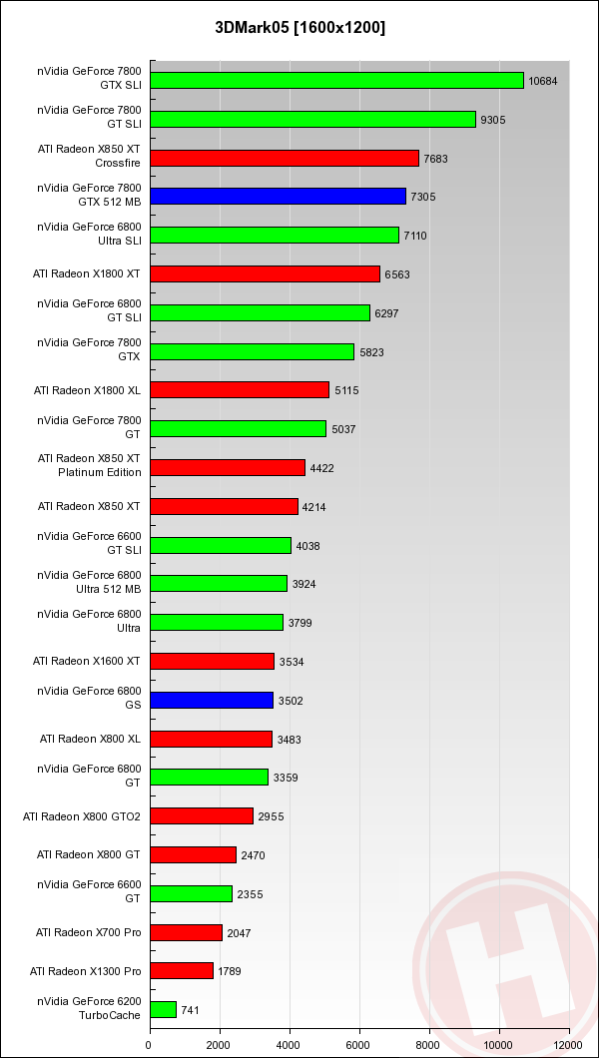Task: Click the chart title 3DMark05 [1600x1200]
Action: point(299,27)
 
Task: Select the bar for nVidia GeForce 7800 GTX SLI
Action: point(336,80)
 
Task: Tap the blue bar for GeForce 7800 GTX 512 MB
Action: point(278,197)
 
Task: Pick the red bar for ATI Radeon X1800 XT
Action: point(265,273)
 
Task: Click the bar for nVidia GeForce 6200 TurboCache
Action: point(163,1010)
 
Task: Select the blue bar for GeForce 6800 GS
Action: point(212,701)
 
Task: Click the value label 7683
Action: point(438,158)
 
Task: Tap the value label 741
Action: point(191,1010)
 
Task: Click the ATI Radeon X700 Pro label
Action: point(89,932)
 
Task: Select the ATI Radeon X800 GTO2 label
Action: point(82,816)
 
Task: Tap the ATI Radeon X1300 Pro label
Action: point(86,971)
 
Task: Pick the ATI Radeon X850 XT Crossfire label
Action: point(90,157)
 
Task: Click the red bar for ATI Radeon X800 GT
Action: point(193,855)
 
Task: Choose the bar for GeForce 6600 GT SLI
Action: point(221,545)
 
